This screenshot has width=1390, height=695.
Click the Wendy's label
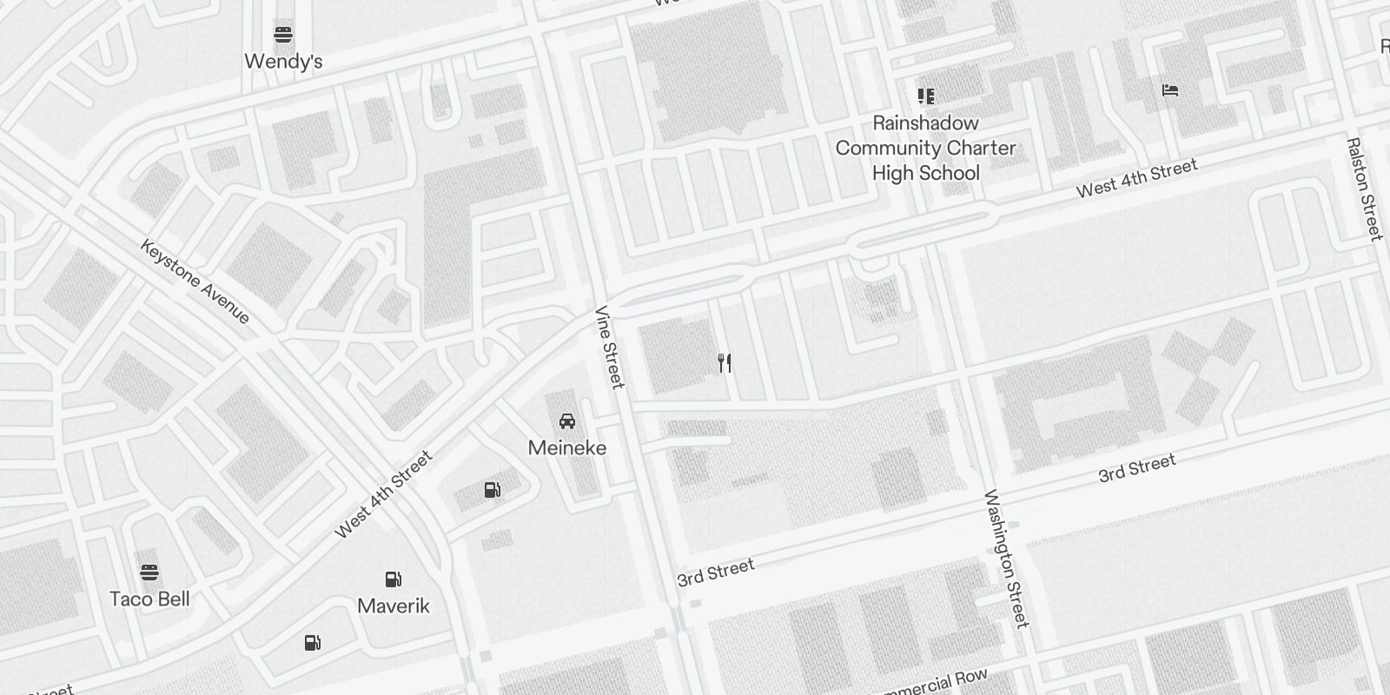283,62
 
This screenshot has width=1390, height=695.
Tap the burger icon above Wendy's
283,36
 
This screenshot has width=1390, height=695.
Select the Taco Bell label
149,599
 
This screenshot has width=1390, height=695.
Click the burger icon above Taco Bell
149,573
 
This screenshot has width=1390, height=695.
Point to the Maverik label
394,606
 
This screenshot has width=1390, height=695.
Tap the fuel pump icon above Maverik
394,579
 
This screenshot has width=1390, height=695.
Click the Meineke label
567,448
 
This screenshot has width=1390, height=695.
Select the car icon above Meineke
567,422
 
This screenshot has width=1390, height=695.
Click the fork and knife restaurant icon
725,363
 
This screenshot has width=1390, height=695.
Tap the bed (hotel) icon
1170,90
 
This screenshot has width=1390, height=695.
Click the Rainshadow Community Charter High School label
925,148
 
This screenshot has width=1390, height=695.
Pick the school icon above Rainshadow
925,96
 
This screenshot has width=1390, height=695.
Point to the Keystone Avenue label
195,281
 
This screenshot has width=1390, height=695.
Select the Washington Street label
1006,559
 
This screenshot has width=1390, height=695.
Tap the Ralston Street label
1364,189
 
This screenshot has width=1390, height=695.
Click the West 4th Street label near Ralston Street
1136,178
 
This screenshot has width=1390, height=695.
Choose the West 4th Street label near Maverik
383,494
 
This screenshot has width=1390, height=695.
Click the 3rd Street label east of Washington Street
1136,469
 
